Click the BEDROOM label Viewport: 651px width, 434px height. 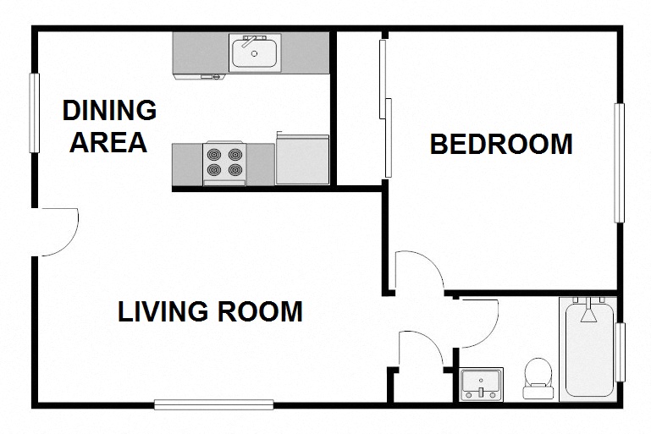coord(501,144)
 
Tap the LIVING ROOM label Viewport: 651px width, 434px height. coord(210,311)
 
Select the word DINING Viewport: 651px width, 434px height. coord(110,110)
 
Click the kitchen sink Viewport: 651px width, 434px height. coord(255,52)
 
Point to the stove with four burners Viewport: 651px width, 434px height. coord(224,163)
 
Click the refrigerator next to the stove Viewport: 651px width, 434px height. coord(301,159)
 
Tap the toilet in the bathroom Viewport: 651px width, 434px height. coord(537,379)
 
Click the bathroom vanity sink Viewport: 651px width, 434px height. coord(482,383)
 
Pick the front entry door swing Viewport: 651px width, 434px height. coord(58,230)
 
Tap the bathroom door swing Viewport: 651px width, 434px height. coord(476,322)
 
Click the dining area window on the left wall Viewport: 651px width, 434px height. coord(36,113)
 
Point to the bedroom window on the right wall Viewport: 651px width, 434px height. coord(620,163)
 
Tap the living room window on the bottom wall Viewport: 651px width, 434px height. coord(214,404)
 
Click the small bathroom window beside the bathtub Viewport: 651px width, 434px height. coord(621,352)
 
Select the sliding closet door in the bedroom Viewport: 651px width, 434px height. coord(386,108)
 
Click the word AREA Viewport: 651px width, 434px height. coord(108,142)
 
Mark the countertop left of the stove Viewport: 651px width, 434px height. coord(187,163)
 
